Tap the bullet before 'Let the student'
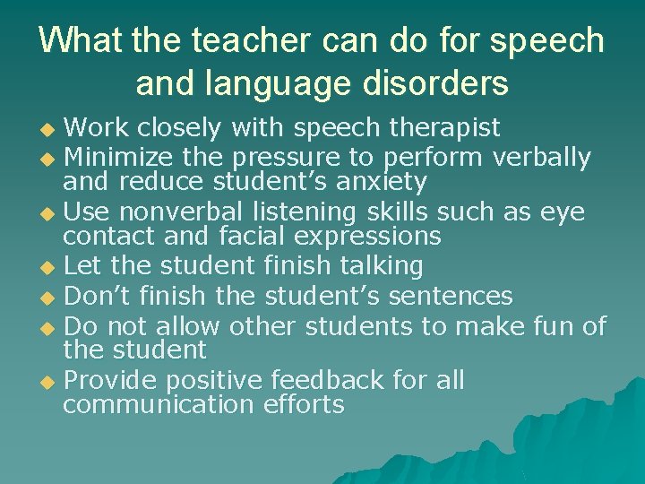50,267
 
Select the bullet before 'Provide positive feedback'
50,382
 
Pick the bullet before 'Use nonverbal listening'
50,213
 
